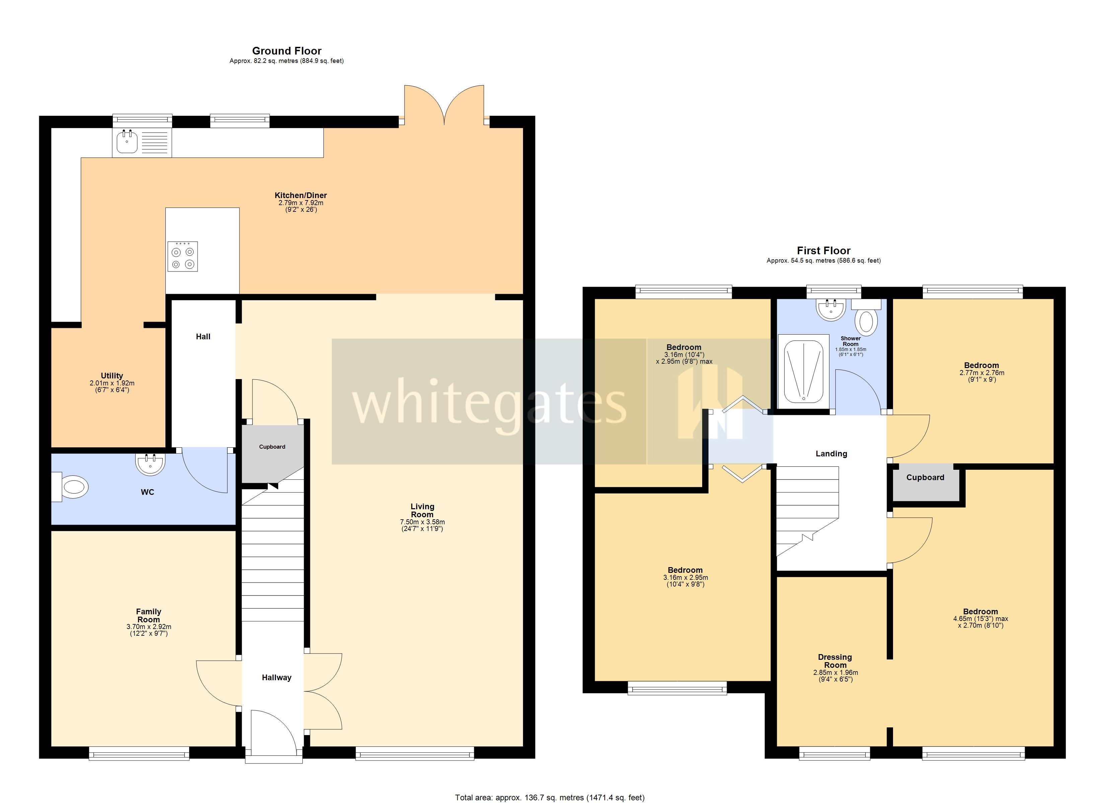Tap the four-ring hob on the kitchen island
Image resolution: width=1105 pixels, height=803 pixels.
(x=183, y=257)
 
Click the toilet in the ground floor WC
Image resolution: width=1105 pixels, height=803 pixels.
(x=73, y=486)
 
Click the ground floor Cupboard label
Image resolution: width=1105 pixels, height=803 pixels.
(x=272, y=447)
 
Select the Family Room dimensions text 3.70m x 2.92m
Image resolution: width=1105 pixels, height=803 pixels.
(x=149, y=627)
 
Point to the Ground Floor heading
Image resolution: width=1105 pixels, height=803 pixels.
(x=287, y=51)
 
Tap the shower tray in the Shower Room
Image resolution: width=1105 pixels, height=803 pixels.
(x=803, y=371)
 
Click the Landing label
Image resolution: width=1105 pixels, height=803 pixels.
(x=831, y=453)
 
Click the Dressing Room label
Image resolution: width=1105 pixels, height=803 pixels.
(x=835, y=661)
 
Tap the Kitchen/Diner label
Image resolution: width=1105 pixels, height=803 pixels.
(x=301, y=195)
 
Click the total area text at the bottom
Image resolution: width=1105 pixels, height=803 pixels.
(x=549, y=797)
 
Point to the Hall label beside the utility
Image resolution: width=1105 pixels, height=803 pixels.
(x=203, y=337)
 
